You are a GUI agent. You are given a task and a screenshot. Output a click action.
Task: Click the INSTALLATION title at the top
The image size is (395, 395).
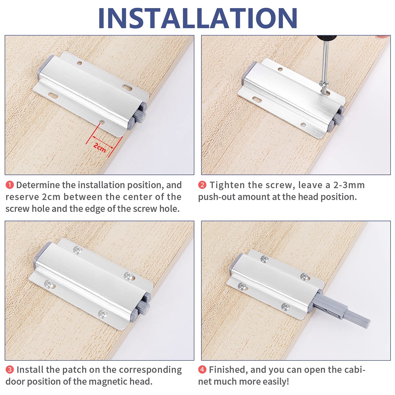[x=197, y=17]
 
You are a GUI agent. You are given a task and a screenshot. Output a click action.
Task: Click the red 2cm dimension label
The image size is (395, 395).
[x=99, y=147]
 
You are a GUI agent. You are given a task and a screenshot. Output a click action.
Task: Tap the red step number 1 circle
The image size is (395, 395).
[x=10, y=185]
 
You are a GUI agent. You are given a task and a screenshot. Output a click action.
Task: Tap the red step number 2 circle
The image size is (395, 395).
[x=202, y=185]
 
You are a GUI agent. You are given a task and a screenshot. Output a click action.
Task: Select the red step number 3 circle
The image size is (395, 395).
[x=10, y=370]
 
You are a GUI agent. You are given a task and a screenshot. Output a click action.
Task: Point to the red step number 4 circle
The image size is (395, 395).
[x=202, y=370]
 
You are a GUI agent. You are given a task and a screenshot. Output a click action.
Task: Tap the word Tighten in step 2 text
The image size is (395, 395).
[x=228, y=185]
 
